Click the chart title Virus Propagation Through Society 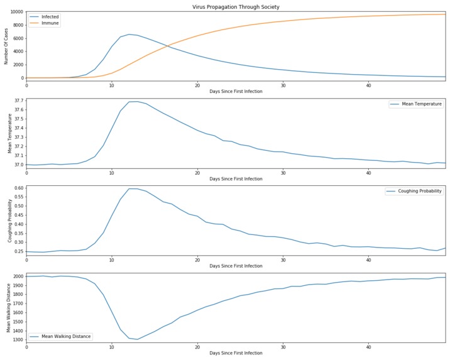coord(236,7)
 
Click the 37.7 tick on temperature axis coord(18,101)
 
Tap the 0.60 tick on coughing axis coord(18,188)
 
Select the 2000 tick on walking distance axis coord(18,276)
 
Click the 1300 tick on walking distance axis coord(18,340)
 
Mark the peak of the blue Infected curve coord(129,35)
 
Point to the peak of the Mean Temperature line coord(133,101)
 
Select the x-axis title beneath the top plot coord(236,92)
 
